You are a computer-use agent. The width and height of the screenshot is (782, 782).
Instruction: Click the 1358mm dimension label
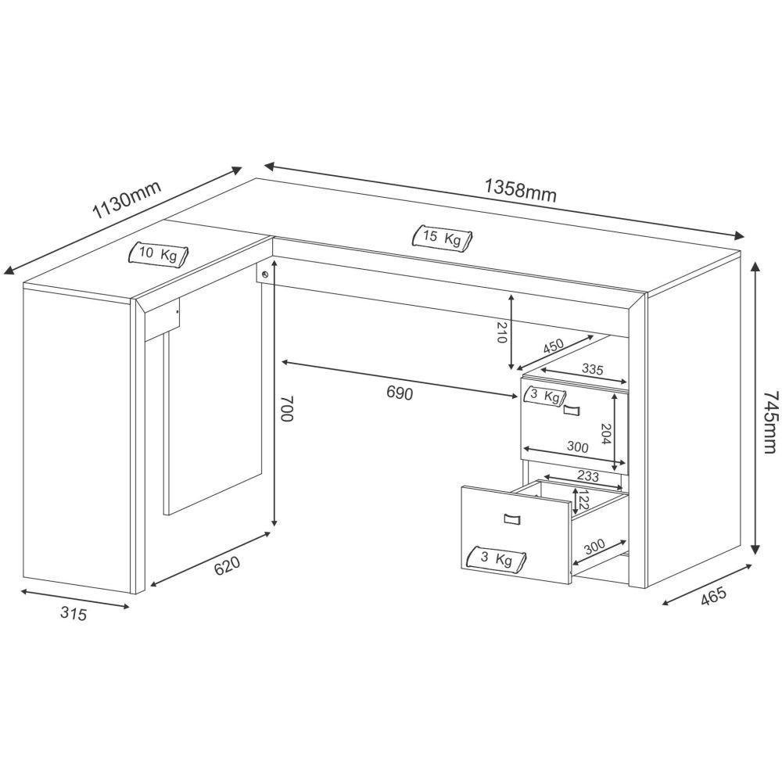pos(520,191)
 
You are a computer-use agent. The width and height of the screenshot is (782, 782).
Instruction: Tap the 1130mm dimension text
pos(127,201)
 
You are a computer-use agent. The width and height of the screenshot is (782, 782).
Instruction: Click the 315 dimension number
pos(72,614)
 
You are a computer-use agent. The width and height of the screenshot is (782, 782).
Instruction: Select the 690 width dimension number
pos(399,393)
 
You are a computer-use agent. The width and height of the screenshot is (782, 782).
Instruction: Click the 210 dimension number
pos(502,333)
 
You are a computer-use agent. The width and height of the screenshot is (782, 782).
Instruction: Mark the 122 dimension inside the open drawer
pos(582,500)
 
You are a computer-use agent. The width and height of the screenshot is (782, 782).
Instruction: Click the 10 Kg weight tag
pos(159,254)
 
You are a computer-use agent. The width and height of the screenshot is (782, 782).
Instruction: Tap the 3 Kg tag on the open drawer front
pos(497,558)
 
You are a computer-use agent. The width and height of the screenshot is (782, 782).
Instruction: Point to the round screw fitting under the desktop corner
pos(266,274)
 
